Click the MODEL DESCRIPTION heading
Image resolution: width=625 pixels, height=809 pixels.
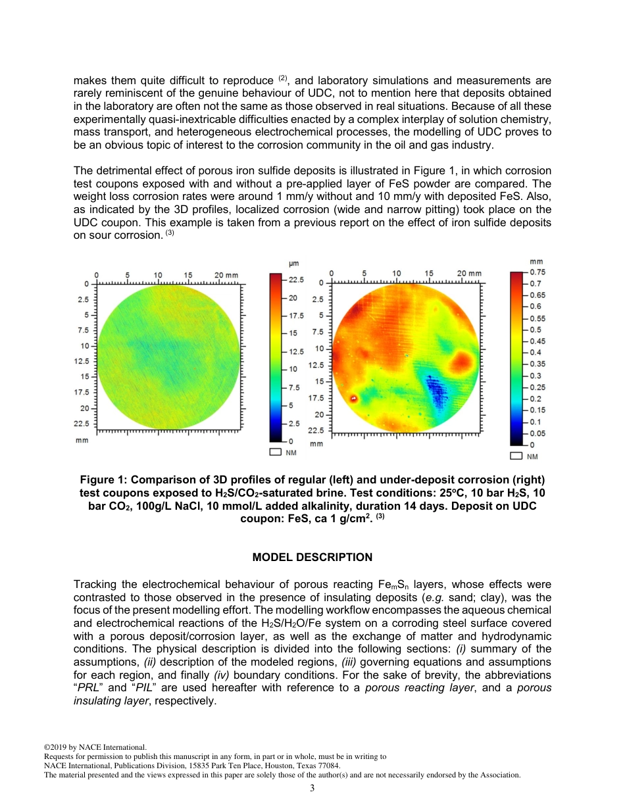pyautogui.click(x=312, y=557)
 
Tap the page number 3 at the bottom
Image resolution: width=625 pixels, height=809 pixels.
pyautogui.click(x=312, y=789)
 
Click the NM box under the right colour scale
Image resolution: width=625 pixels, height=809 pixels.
pyautogui.click(x=516, y=456)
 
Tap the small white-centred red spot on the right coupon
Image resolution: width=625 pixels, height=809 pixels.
pyautogui.click(x=353, y=398)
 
